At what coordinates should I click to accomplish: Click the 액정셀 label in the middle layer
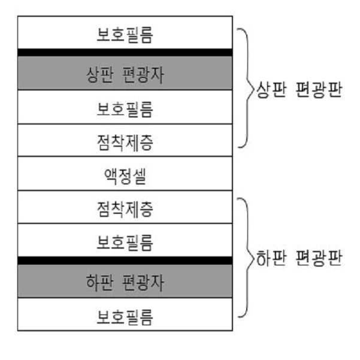tap(125, 175)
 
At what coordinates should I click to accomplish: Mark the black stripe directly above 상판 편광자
tap(125, 52)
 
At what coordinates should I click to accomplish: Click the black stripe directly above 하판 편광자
tap(125, 260)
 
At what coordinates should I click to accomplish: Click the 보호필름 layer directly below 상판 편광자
tap(125, 108)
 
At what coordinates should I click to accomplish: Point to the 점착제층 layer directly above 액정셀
tap(125, 141)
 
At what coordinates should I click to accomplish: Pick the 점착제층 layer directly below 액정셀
tap(125, 208)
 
